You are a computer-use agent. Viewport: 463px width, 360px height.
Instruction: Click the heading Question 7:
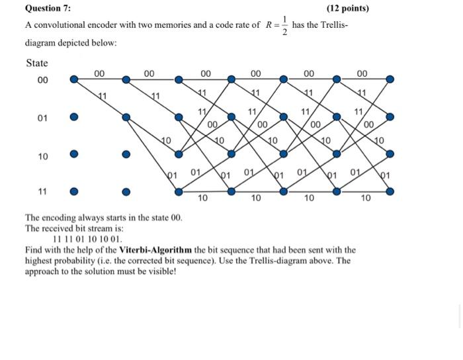point(48,9)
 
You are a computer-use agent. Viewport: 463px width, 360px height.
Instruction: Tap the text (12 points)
point(348,9)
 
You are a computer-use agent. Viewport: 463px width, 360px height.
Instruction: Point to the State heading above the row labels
point(37,63)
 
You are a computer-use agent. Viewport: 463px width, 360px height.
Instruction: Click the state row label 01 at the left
point(42,118)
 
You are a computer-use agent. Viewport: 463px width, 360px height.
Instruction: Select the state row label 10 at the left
point(42,156)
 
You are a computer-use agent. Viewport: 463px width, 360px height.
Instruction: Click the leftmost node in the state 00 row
point(73,79)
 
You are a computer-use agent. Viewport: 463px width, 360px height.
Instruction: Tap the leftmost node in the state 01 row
point(73,117)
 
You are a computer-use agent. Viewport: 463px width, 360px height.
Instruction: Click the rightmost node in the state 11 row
point(390,192)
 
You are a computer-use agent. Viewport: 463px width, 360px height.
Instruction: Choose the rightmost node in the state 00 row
point(390,79)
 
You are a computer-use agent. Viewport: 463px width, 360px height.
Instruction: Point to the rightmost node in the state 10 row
point(390,154)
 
